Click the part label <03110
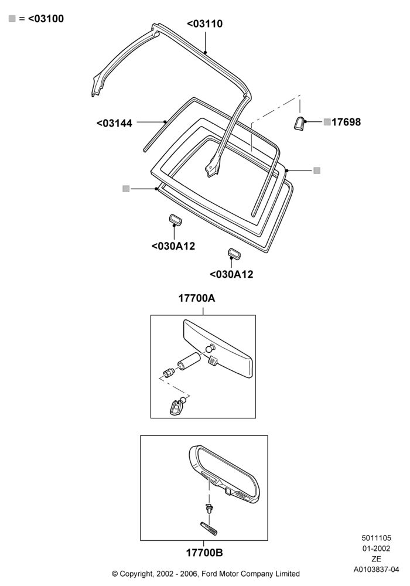[204, 23]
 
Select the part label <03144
[114, 123]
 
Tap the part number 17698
[346, 122]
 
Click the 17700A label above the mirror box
[197, 298]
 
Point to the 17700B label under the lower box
[204, 553]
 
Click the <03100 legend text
[46, 18]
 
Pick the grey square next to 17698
[327, 122]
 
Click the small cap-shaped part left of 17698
[299, 123]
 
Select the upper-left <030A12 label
[173, 246]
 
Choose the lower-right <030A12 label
[231, 274]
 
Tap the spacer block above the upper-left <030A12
[175, 219]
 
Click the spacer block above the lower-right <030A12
[234, 253]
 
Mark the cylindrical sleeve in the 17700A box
[189, 360]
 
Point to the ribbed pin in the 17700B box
[209, 528]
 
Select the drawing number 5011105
[376, 538]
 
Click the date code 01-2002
[376, 548]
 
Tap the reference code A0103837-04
[376, 570]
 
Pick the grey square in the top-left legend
[12, 18]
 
